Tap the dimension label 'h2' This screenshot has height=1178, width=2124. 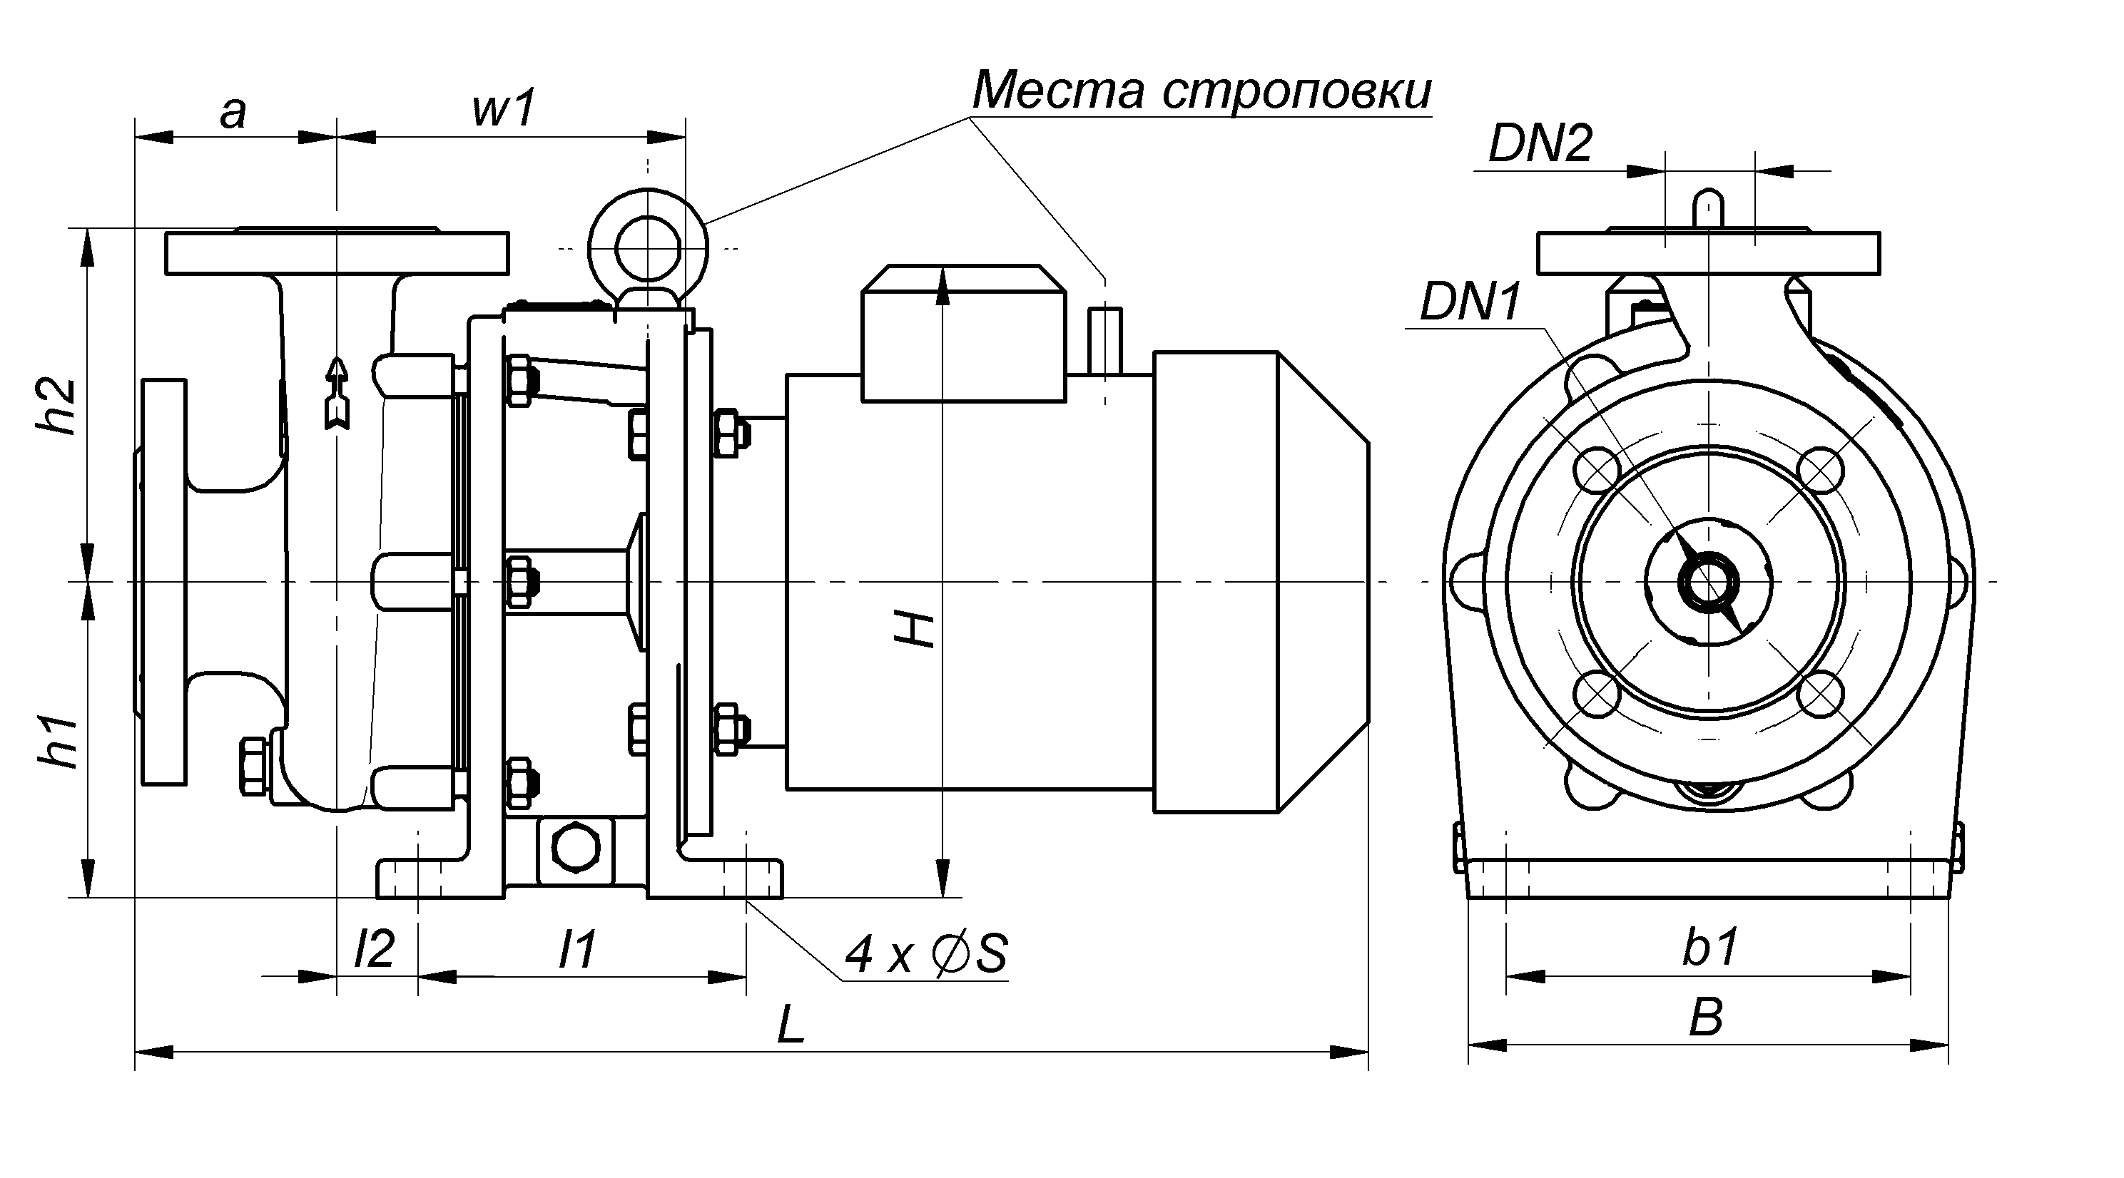58,406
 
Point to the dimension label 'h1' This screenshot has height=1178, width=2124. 59,742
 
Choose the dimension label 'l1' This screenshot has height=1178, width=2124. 577,949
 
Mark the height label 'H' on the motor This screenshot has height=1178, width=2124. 915,630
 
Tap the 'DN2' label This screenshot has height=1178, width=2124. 1540,144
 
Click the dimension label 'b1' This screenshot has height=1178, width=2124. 1710,946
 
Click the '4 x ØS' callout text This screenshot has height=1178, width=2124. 926,955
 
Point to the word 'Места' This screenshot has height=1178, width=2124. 1058,90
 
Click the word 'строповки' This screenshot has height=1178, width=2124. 1297,91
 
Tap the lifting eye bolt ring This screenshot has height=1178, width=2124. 648,247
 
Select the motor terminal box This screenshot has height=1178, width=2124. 963,334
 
